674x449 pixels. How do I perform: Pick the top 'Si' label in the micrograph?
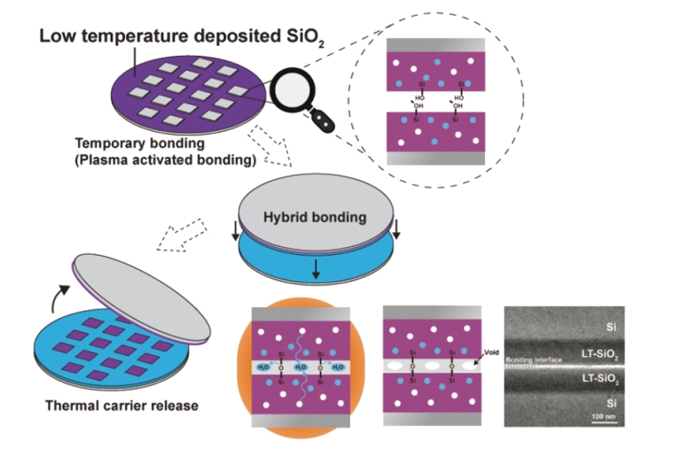tap(611, 325)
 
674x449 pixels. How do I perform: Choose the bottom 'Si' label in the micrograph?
tap(611, 403)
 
